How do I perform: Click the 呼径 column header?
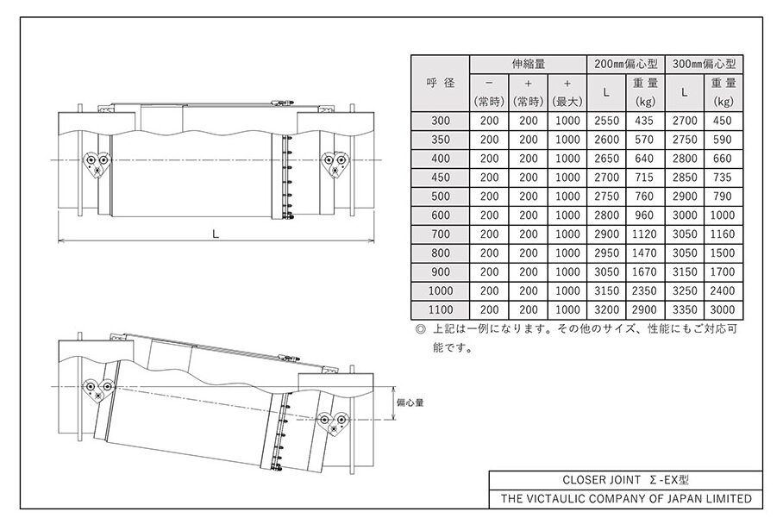[x=441, y=83]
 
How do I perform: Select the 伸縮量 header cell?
[x=529, y=64]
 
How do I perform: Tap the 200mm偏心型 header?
[x=626, y=64]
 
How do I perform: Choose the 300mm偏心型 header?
[x=705, y=64]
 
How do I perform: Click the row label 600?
[x=441, y=215]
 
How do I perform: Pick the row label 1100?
[x=441, y=309]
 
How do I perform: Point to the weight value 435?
[x=644, y=121]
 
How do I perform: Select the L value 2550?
[x=606, y=121]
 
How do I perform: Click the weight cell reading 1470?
[x=644, y=253]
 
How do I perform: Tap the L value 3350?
[x=685, y=309]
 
